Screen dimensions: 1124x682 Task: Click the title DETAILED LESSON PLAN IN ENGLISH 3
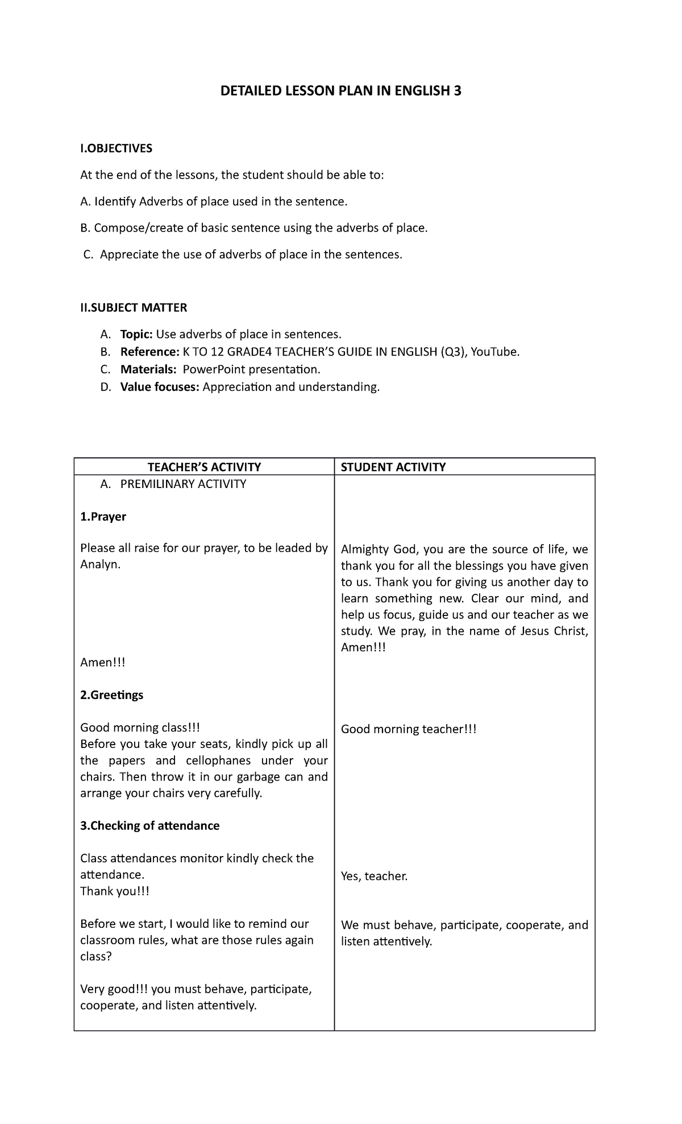pyautogui.click(x=341, y=91)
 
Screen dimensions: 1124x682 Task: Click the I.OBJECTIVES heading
pyautogui.click(x=117, y=148)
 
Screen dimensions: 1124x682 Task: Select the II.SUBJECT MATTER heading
pyautogui.click(x=134, y=308)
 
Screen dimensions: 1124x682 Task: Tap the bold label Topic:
pyautogui.click(x=136, y=334)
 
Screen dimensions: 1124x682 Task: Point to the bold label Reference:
pyautogui.click(x=149, y=352)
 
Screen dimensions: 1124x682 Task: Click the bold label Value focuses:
pyautogui.click(x=160, y=387)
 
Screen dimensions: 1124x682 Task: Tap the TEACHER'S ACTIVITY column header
pyautogui.click(x=204, y=467)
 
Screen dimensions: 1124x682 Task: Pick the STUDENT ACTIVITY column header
pyautogui.click(x=393, y=467)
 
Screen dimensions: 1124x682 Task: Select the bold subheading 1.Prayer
pyautogui.click(x=103, y=516)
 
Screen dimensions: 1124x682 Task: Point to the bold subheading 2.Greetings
pyautogui.click(x=112, y=695)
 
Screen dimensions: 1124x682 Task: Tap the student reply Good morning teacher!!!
pyautogui.click(x=408, y=729)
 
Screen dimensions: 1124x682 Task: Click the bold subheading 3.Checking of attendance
pyautogui.click(x=149, y=825)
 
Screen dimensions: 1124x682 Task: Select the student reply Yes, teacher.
pyautogui.click(x=374, y=876)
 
